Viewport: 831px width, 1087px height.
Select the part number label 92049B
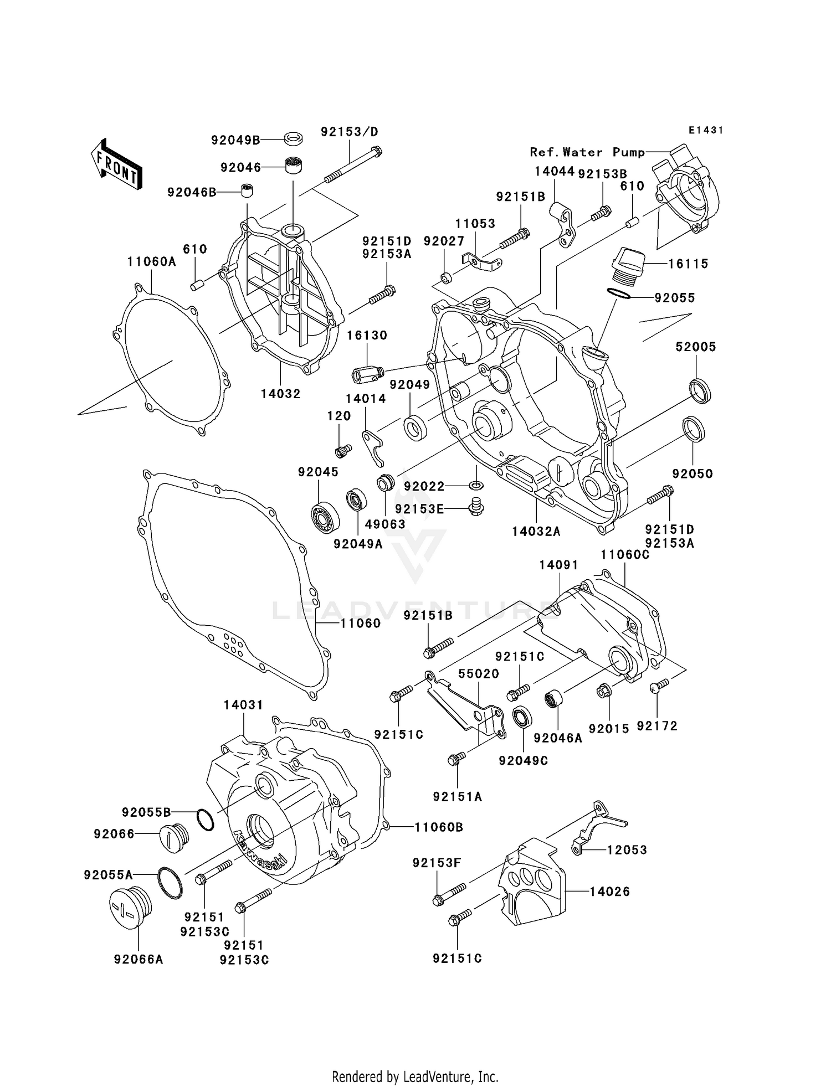[235, 140]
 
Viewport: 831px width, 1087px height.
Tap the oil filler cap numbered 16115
[628, 265]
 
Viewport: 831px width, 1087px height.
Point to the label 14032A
[536, 532]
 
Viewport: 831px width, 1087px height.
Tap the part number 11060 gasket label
[360, 624]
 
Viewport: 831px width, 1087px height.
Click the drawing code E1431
[706, 130]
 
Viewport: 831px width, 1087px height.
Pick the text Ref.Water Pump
[587, 152]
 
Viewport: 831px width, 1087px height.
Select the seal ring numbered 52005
[700, 391]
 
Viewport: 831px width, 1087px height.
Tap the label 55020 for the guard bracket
[479, 674]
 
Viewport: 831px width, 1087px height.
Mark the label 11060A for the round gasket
[151, 261]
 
